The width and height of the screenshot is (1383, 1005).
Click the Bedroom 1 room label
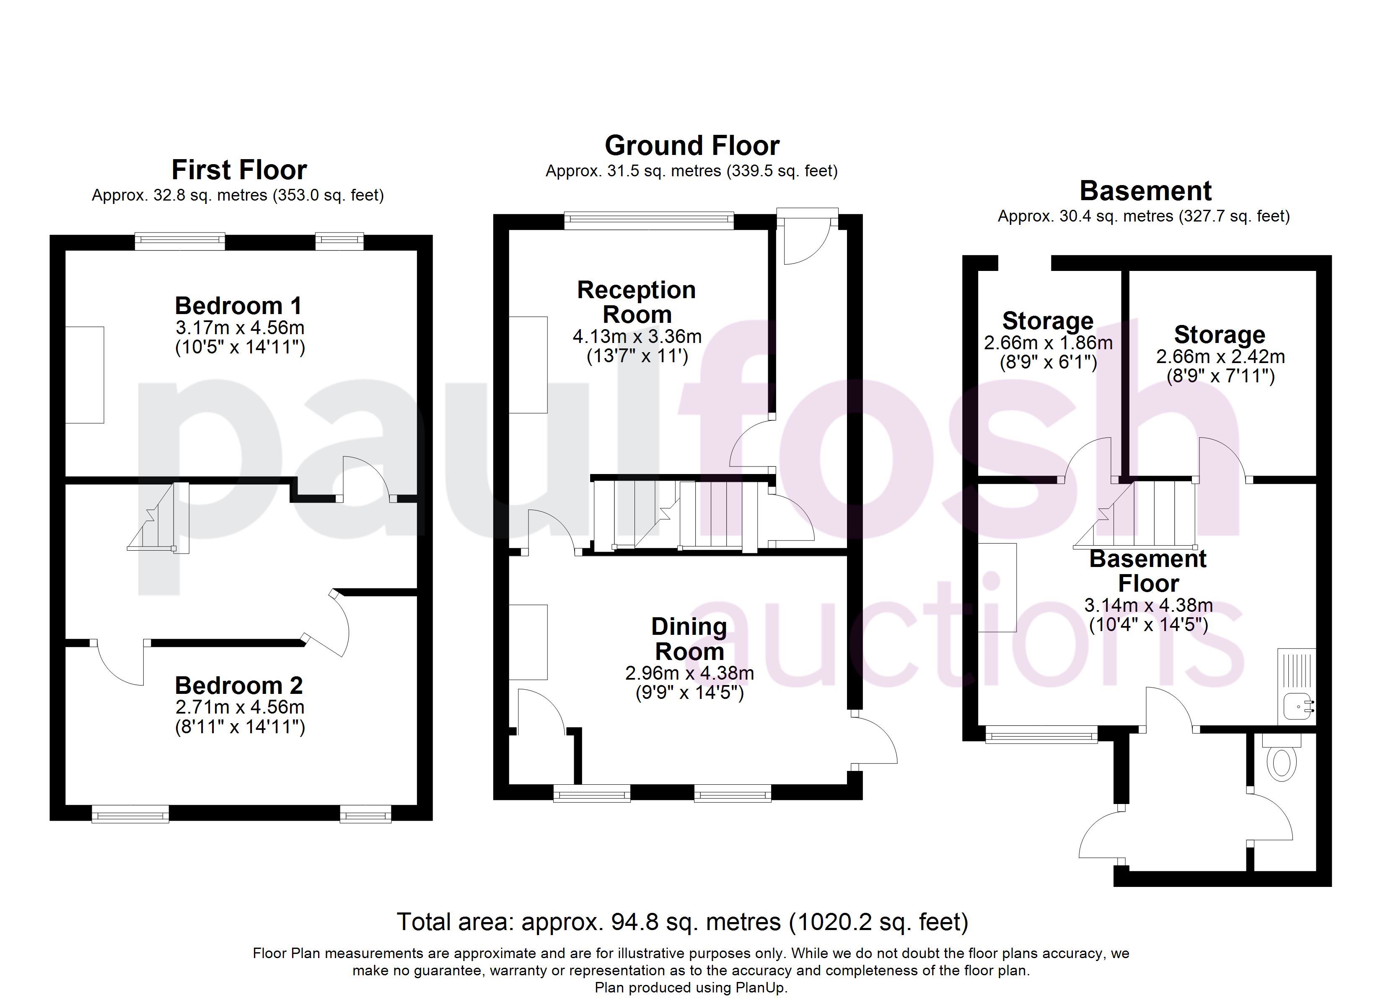click(238, 305)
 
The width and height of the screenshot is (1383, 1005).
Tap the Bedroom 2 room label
click(238, 685)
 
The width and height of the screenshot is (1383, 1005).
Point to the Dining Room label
click(689, 639)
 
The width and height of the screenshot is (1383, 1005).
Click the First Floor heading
click(239, 170)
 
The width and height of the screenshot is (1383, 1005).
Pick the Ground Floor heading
click(692, 146)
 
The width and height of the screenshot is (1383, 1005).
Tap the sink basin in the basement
click(1299, 707)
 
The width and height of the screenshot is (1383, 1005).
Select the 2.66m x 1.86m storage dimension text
click(1048, 343)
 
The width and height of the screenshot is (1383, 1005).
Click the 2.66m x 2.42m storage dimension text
click(1220, 356)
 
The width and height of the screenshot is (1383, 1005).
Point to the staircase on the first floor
click(158, 517)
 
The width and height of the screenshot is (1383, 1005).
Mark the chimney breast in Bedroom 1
click(85, 375)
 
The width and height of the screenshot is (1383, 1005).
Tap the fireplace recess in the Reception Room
click(528, 364)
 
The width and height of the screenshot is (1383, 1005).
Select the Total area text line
click(682, 922)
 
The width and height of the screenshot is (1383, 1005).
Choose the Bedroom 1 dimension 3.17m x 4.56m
click(240, 327)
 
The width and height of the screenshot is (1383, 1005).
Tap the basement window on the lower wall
click(1041, 734)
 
